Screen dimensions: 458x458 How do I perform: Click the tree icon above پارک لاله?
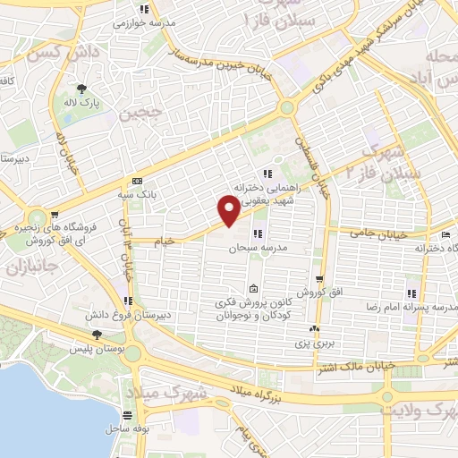(x=82, y=88)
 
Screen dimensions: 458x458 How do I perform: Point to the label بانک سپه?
(x=138, y=192)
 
